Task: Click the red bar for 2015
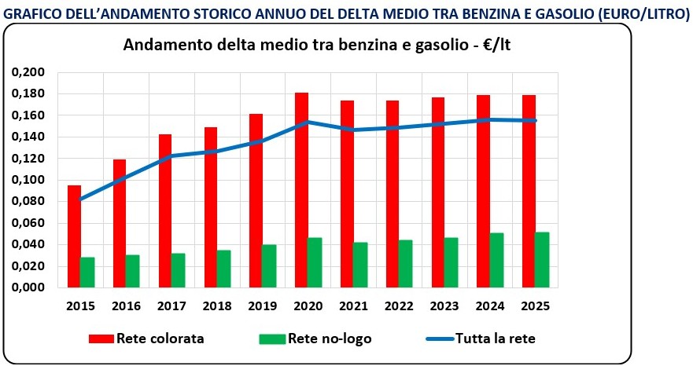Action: [74, 236]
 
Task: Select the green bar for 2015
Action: [87, 272]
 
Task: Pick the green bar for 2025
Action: [542, 259]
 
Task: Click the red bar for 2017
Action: [165, 210]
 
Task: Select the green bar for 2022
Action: [405, 263]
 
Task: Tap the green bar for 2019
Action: [269, 265]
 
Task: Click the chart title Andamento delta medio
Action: [323, 45]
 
